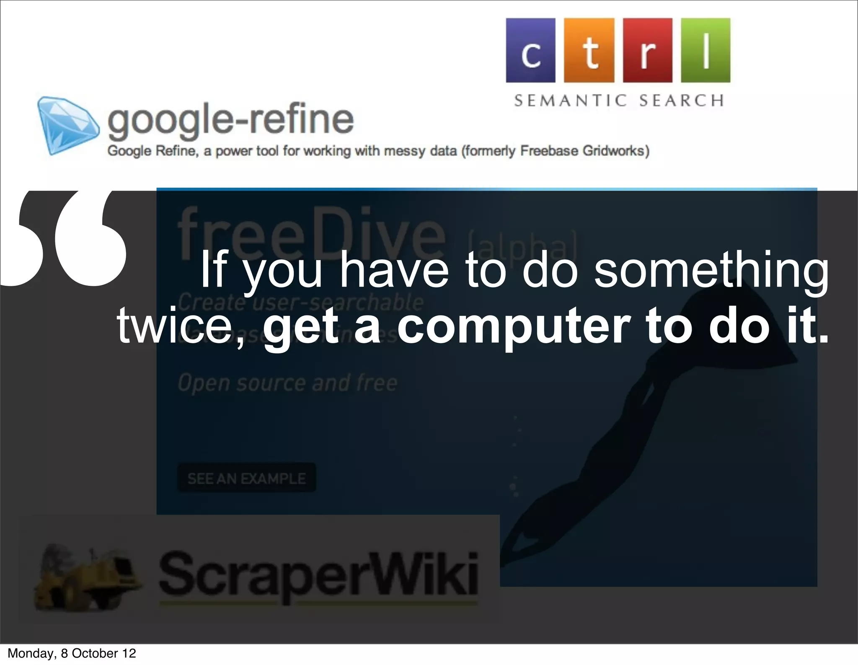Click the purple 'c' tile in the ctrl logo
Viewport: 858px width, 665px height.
coord(530,50)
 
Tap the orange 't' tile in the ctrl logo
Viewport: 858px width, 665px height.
coord(589,50)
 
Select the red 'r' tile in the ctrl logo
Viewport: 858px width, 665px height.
coord(648,50)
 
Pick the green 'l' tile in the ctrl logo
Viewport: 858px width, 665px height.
coord(706,50)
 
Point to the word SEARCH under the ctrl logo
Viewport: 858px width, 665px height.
coord(682,101)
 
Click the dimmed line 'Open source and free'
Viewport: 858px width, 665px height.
coord(287,383)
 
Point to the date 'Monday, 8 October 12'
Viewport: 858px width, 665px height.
coord(72,653)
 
